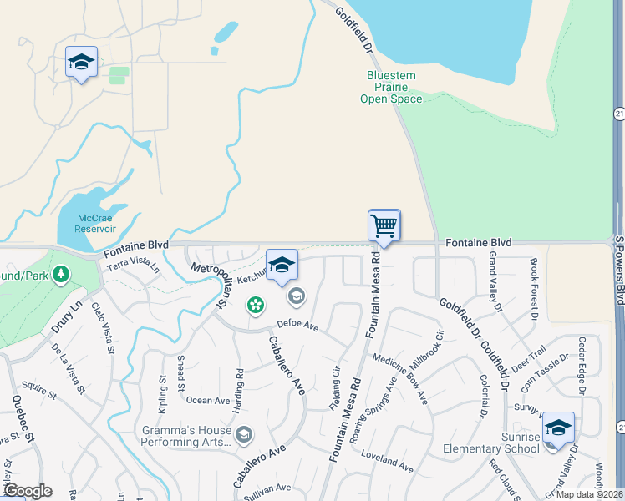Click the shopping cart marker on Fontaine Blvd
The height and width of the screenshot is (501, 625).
(384, 225)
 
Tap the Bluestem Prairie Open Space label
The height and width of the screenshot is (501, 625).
(391, 88)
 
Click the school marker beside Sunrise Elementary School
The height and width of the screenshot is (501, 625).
(557, 429)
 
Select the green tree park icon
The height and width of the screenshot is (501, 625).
(61, 274)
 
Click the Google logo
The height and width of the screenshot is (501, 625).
(27, 490)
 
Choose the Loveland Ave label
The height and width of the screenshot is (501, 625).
(387, 460)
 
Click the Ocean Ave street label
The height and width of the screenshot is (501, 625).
(208, 401)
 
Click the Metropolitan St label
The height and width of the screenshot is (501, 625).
(211, 281)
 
